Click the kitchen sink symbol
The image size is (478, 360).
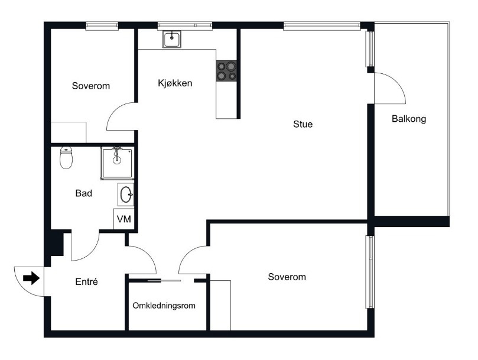(x=171, y=40)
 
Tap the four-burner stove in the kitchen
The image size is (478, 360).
(x=226, y=71)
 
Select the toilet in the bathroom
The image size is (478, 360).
(x=66, y=158)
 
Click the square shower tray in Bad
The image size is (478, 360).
(x=117, y=163)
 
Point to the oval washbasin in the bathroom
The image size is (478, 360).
(x=126, y=194)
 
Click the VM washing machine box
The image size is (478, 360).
(x=123, y=219)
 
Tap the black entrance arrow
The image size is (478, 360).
(x=31, y=278)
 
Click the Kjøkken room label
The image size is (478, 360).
(x=175, y=83)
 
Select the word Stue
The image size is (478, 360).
(x=303, y=124)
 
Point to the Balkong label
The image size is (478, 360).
(x=409, y=119)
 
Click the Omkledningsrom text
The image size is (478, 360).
(x=164, y=306)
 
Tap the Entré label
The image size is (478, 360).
(x=87, y=281)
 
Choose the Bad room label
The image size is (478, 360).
(x=83, y=193)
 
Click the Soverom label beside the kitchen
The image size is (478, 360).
(x=91, y=86)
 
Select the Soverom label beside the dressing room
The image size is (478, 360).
(x=287, y=277)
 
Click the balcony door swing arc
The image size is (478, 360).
(x=396, y=80)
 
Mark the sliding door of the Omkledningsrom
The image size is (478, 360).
(x=164, y=280)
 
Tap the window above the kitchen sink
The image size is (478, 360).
(x=185, y=25)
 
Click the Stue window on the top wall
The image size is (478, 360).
(x=321, y=25)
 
